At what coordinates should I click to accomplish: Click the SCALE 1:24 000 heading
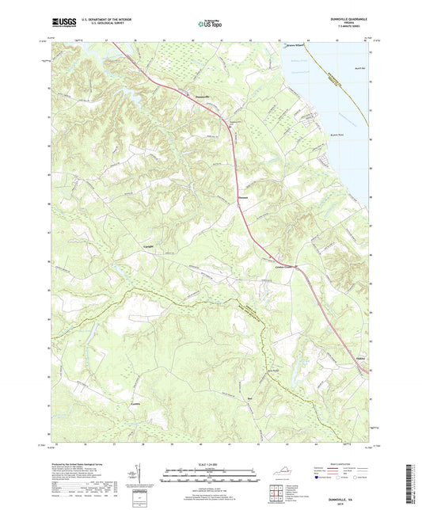[x=211, y=463]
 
